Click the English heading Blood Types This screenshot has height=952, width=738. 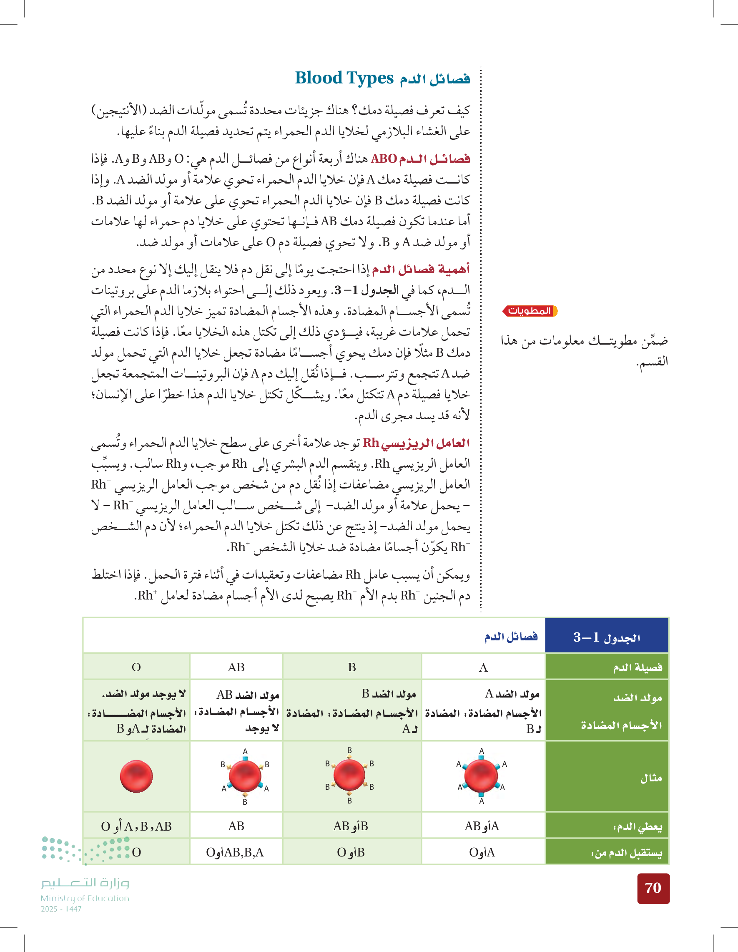[344, 78]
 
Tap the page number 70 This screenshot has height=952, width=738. [653, 888]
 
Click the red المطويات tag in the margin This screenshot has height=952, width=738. [530, 311]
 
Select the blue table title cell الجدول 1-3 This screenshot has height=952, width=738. [606, 637]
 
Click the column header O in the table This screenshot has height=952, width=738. [136, 667]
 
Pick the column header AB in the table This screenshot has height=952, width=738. [236, 667]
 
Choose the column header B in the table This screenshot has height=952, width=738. [352, 667]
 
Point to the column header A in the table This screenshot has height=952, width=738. [483, 667]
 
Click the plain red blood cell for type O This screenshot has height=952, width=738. [136, 776]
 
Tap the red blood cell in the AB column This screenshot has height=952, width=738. [245, 776]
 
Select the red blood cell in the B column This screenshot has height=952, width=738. [349, 775]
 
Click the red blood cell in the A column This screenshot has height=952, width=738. [481, 776]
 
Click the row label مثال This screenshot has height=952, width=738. [651, 778]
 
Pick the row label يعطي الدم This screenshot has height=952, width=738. [638, 826]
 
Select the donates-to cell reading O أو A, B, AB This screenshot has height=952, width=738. [136, 826]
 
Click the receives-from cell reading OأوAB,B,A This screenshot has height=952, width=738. [235, 852]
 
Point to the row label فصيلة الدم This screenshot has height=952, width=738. [638, 667]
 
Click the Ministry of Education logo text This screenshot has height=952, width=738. [85, 890]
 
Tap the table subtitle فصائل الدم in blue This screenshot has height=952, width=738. [511, 637]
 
